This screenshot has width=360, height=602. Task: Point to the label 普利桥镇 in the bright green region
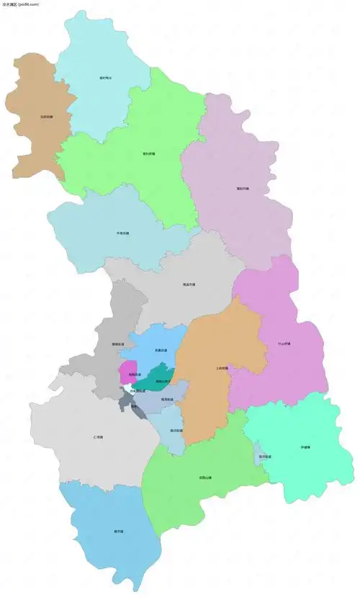pyautogui.click(x=150, y=153)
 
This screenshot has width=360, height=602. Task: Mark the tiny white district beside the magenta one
pyautogui.click(x=127, y=390)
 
